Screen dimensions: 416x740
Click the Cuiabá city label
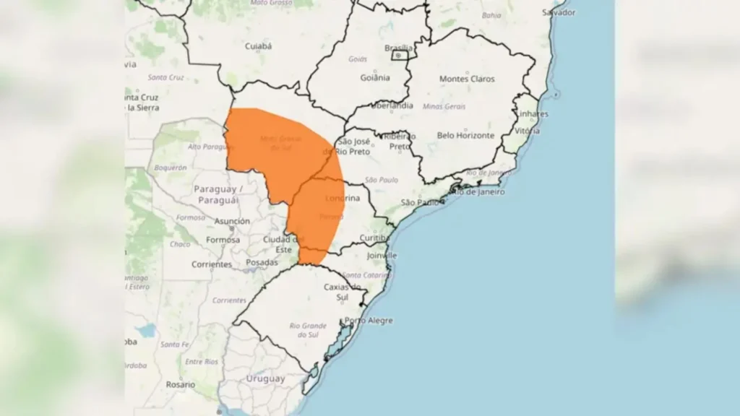pos(259,46)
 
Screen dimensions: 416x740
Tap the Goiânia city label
pos(375,77)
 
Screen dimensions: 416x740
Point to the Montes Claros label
pos(467,79)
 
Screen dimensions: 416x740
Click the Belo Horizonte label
pos(465,135)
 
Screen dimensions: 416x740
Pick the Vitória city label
pos(527,131)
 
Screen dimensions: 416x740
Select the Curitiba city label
pos(375,238)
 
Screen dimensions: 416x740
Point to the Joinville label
pos(381,255)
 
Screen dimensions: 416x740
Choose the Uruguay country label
pos(265,378)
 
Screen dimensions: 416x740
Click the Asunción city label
pos(232,221)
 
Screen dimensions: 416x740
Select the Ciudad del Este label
pos(283,244)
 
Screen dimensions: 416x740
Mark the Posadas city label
pos(262,262)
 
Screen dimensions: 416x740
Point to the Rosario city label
pos(180,384)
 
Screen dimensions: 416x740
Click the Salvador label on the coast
pos(559,13)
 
